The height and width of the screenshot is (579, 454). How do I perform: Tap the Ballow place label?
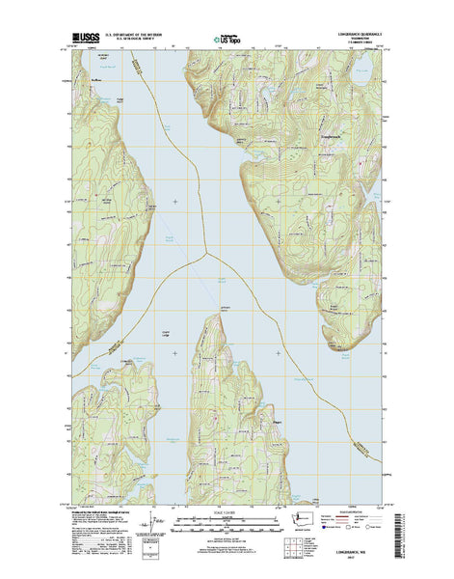tap(95, 80)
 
